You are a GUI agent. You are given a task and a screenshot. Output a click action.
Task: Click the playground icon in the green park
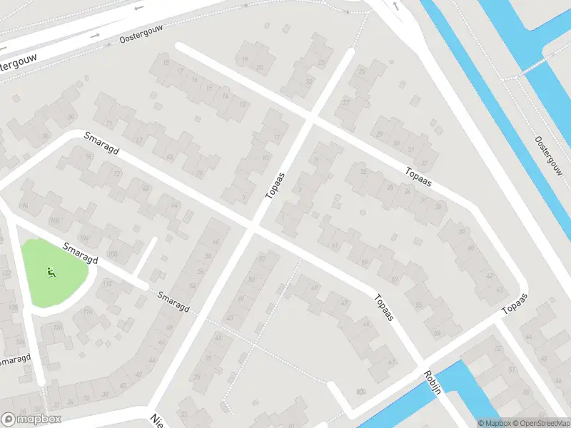pyautogui.click(x=50, y=271)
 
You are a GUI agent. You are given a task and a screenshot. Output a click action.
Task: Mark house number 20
pyautogui.click(x=260, y=68)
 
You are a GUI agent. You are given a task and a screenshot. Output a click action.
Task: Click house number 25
pyautogui.click(x=362, y=72)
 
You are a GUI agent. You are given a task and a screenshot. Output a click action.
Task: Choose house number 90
pyautogui.click(x=70, y=117)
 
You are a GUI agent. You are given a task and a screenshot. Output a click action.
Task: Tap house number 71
pyautogui.click(x=109, y=125)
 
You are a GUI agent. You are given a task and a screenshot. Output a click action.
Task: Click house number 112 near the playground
pyautogui.click(x=108, y=284)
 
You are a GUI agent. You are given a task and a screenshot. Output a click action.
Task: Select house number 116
pyautogui.click(x=89, y=312)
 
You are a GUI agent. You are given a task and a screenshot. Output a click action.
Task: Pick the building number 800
pyautogui.click(x=361, y=391)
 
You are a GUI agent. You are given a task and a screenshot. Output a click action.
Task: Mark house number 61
pyautogui.click(x=334, y=245)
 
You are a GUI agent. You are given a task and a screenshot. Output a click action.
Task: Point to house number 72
pyautogui.click(x=117, y=174)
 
